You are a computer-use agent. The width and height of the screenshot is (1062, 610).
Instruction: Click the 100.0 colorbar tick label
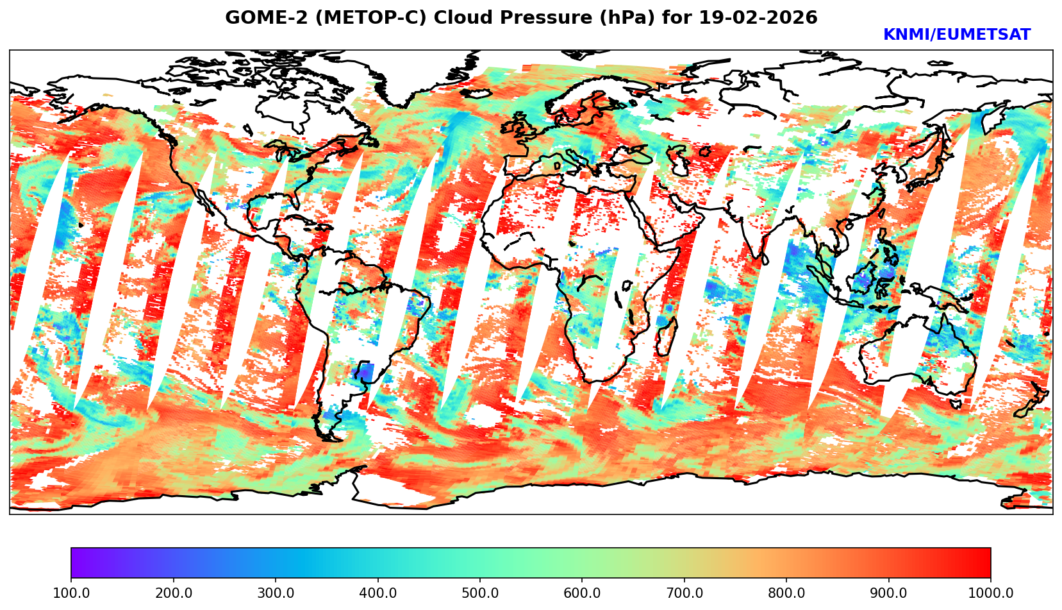tap(71, 593)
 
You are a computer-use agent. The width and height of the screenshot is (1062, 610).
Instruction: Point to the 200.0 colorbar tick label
tap(173, 593)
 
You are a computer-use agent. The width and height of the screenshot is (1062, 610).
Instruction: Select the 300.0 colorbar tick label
tap(276, 593)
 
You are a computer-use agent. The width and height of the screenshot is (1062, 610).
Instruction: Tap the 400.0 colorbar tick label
tap(378, 593)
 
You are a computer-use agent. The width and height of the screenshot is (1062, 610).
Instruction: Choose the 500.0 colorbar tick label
tap(480, 593)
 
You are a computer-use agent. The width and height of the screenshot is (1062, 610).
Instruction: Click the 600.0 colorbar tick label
tap(582, 593)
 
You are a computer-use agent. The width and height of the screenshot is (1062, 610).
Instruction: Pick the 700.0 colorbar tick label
tap(684, 593)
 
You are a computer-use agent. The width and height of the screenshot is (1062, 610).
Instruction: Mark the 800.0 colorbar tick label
tap(786, 593)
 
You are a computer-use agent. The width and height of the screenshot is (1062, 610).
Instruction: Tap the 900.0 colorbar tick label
tap(889, 593)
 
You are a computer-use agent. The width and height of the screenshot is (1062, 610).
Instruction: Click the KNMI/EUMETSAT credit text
tap(956, 35)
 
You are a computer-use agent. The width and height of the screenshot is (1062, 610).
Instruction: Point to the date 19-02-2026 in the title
tap(758, 18)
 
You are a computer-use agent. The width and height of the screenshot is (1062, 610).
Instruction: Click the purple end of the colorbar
tap(76, 563)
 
